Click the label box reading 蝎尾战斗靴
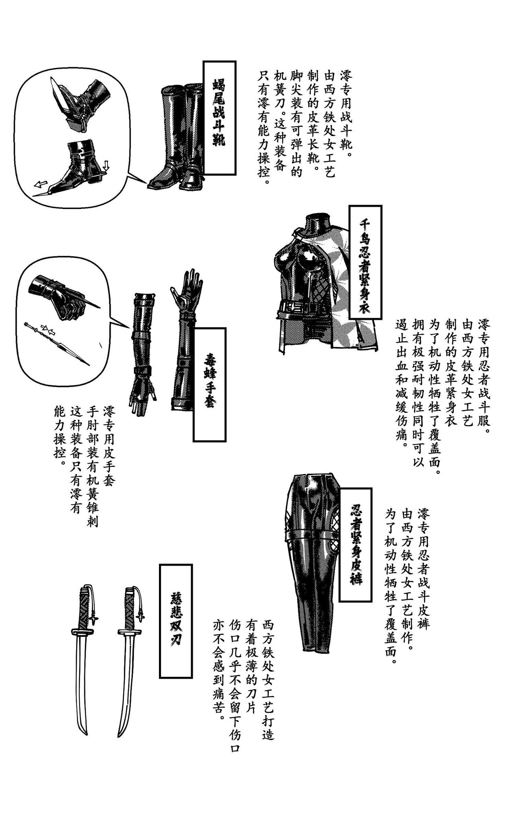click(x=219, y=117)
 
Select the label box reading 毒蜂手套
click(x=209, y=384)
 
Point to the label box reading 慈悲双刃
click(x=176, y=621)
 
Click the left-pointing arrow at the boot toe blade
click(x=40, y=184)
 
